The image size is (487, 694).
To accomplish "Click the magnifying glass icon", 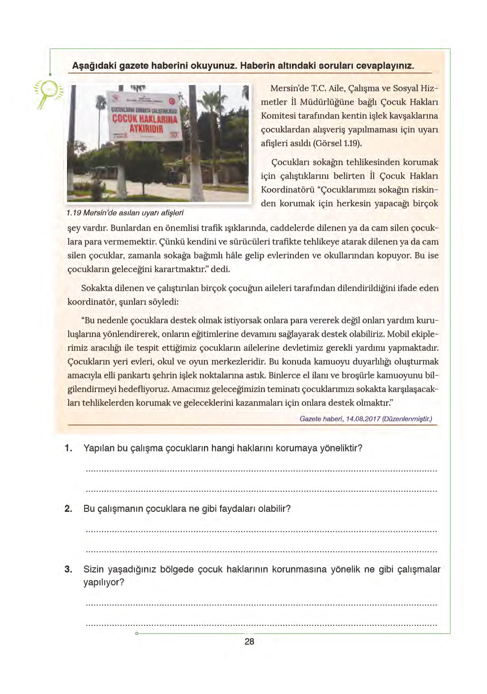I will point(48,93).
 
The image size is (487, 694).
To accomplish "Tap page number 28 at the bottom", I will point(249,642).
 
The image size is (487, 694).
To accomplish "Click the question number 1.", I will point(68,448).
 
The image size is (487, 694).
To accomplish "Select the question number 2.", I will point(68,509).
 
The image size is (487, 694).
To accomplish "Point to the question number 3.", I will point(68,569).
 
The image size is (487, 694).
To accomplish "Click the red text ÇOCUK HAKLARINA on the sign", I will point(145,119).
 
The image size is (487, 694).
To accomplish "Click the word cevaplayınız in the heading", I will point(385,66).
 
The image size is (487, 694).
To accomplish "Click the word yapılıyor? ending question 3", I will point(103,583).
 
